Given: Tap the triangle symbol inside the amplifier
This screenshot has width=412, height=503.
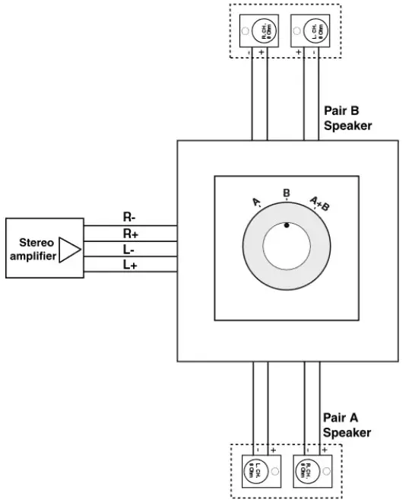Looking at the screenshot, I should tap(69, 250).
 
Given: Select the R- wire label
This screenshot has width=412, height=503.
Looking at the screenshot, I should tap(130, 217).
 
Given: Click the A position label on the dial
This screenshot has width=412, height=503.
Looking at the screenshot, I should tap(257, 202).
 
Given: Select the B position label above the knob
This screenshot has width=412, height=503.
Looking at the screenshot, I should tap(287, 193).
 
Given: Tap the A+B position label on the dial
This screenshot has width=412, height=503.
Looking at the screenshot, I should tap(319, 202).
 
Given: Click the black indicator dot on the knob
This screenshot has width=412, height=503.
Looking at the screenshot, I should tap(287, 225).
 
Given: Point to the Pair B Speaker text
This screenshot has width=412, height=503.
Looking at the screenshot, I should tap(347, 119).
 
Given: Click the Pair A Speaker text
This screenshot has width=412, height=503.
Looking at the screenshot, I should tap(347, 425).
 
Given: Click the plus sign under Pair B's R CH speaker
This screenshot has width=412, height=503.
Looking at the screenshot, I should tap(262, 53).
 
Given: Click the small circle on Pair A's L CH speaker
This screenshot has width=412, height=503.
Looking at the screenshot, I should tap(275, 472).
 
